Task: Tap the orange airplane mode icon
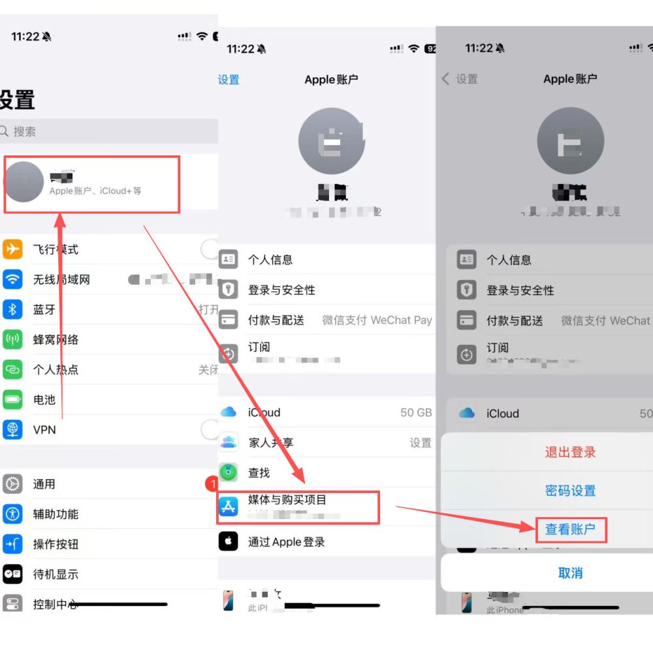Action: click(12, 249)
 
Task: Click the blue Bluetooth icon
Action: click(12, 310)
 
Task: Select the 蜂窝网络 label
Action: click(56, 340)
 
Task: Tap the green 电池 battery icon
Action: click(12, 400)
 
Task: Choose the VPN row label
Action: click(44, 430)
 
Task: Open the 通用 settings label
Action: click(44, 484)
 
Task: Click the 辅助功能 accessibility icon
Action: click(12, 514)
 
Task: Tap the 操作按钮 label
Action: click(56, 544)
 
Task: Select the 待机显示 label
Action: click(56, 574)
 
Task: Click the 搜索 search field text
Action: click(25, 131)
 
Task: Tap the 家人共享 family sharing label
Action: click(271, 443)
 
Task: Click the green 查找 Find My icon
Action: click(228, 472)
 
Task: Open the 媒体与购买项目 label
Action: click(287, 500)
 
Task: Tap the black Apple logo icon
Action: click(228, 542)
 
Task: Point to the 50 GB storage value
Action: click(416, 413)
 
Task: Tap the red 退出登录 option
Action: click(570, 452)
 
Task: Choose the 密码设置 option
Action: click(570, 491)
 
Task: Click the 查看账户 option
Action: click(570, 530)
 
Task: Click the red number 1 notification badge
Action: click(211, 484)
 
